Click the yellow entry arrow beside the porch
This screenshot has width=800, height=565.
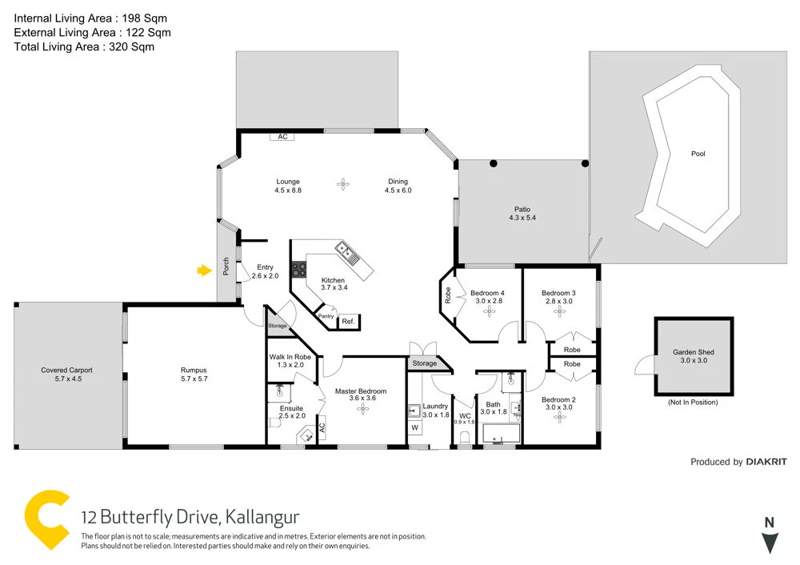click(x=203, y=271)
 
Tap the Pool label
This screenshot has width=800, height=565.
click(x=698, y=154)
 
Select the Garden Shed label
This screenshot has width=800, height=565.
click(x=694, y=352)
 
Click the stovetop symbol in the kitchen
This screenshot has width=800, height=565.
click(x=298, y=270)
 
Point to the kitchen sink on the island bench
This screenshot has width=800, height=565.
click(x=346, y=252)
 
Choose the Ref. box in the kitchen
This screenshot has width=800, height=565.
click(x=348, y=322)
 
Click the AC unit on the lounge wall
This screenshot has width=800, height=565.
click(x=282, y=137)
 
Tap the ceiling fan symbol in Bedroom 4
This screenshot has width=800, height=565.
click(x=487, y=314)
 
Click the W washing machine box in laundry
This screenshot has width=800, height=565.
click(x=414, y=428)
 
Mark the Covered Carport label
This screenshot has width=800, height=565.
click(x=67, y=370)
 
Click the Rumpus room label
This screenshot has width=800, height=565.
click(x=194, y=370)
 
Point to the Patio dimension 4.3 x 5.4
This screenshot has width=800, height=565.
click(x=521, y=218)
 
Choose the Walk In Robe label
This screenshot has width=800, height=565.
click(x=290, y=356)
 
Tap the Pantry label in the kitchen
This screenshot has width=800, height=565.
click(x=326, y=316)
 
